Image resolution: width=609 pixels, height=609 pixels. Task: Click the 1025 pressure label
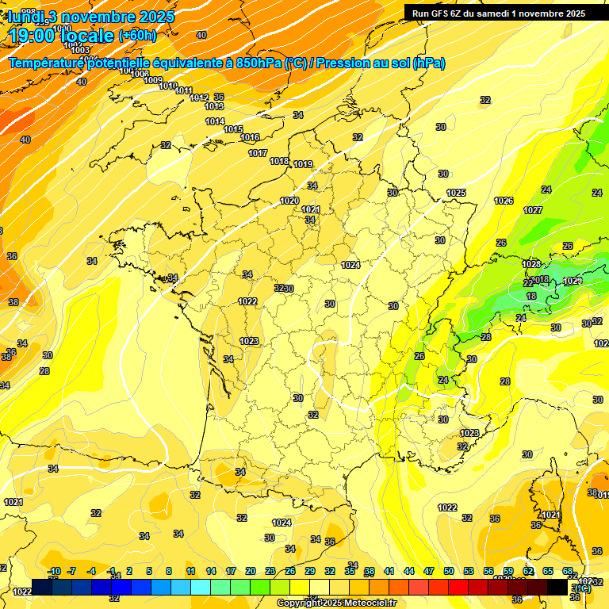pos(456,193)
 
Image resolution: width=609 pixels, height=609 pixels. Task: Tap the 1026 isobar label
pos(504,201)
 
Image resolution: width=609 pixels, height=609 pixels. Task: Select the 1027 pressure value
pos(533,210)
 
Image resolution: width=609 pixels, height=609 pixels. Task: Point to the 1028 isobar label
pos(531,264)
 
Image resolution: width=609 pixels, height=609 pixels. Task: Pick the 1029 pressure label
pos(572,282)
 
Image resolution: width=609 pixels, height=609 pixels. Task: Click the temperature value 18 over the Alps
pos(531,296)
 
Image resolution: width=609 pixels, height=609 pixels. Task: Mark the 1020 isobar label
pos(289,201)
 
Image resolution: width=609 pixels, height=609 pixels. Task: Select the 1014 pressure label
pos(215,121)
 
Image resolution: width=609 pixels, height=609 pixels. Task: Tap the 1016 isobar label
pos(250,137)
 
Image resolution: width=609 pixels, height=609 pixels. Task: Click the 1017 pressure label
pos(258,153)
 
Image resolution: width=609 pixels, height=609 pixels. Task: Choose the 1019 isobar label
pos(302,164)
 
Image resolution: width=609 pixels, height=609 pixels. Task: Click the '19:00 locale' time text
pos(61,34)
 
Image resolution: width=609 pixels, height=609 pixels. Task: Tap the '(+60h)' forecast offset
pos(137,35)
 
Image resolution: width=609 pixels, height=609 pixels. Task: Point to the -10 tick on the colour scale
pos(54,572)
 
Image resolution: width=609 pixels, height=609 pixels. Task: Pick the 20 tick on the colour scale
pos(251,572)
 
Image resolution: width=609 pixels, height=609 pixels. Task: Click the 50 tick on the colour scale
pos(449,572)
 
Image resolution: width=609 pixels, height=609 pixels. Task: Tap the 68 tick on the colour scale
pos(568,572)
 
